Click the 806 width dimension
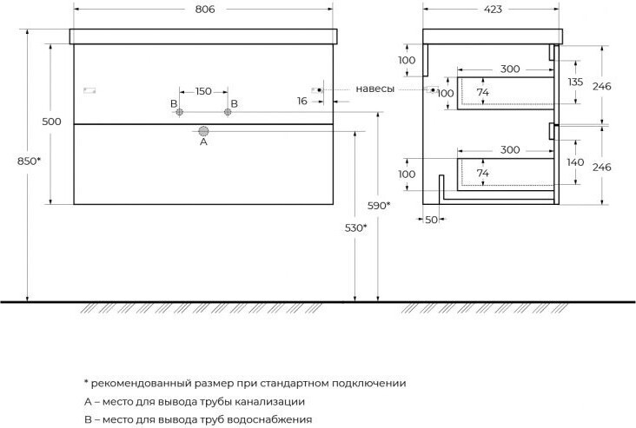[x=205, y=9]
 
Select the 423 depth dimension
[x=493, y=9]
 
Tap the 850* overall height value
[x=29, y=161]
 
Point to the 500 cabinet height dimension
[x=51, y=122]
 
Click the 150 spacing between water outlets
[x=203, y=91]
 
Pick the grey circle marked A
[x=203, y=131]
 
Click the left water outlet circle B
[x=180, y=112]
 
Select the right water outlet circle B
[x=228, y=112]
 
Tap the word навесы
[x=374, y=89]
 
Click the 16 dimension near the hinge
[x=302, y=101]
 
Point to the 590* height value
[x=379, y=206]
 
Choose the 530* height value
[x=355, y=227]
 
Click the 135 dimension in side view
[x=575, y=82]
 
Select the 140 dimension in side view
[x=575, y=162]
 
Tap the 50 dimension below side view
[x=431, y=220]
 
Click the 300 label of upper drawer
[x=510, y=69]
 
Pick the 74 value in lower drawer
[x=483, y=173]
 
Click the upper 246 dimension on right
[x=601, y=86]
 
